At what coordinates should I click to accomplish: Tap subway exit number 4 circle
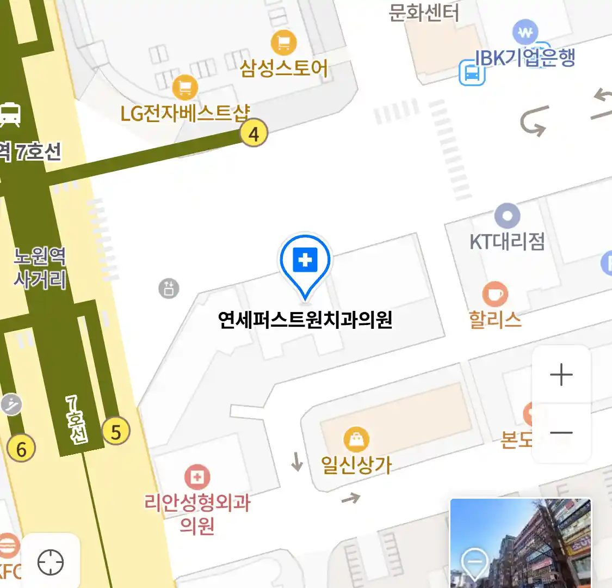[254, 133]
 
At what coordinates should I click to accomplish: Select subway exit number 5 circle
[116, 432]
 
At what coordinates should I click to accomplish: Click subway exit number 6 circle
[21, 449]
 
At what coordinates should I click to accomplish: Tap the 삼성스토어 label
[284, 69]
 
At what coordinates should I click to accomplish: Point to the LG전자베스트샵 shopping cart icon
[185, 88]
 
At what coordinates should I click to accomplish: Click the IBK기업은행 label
[525, 58]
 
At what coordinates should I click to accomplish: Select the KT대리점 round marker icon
[507, 216]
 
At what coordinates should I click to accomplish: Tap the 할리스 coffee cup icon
[494, 295]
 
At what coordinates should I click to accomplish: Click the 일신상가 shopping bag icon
[356, 439]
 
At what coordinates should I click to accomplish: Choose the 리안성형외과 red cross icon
[197, 477]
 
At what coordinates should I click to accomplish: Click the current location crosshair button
[51, 562]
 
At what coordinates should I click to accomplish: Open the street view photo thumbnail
[521, 543]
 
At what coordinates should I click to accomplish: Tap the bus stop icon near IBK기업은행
[472, 73]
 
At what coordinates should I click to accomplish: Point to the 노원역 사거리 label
[40, 267]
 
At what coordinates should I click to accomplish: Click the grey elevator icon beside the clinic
[169, 288]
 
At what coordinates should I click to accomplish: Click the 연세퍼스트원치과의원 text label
[305, 320]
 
